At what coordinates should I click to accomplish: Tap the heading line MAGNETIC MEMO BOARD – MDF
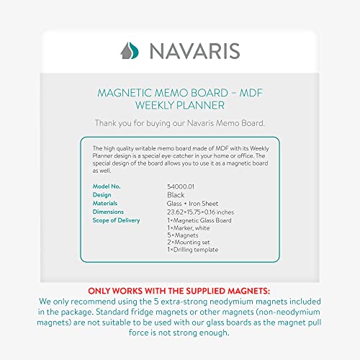click(x=180, y=92)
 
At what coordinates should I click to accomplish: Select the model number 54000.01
click(x=180, y=186)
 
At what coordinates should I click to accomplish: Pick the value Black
click(x=175, y=194)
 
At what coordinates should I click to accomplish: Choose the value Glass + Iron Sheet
click(x=192, y=203)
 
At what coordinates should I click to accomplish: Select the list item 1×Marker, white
click(x=189, y=228)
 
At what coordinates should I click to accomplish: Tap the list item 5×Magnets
click(x=182, y=236)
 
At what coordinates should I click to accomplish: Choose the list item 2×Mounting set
click(x=189, y=243)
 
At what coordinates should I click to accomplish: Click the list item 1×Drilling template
click(x=192, y=251)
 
